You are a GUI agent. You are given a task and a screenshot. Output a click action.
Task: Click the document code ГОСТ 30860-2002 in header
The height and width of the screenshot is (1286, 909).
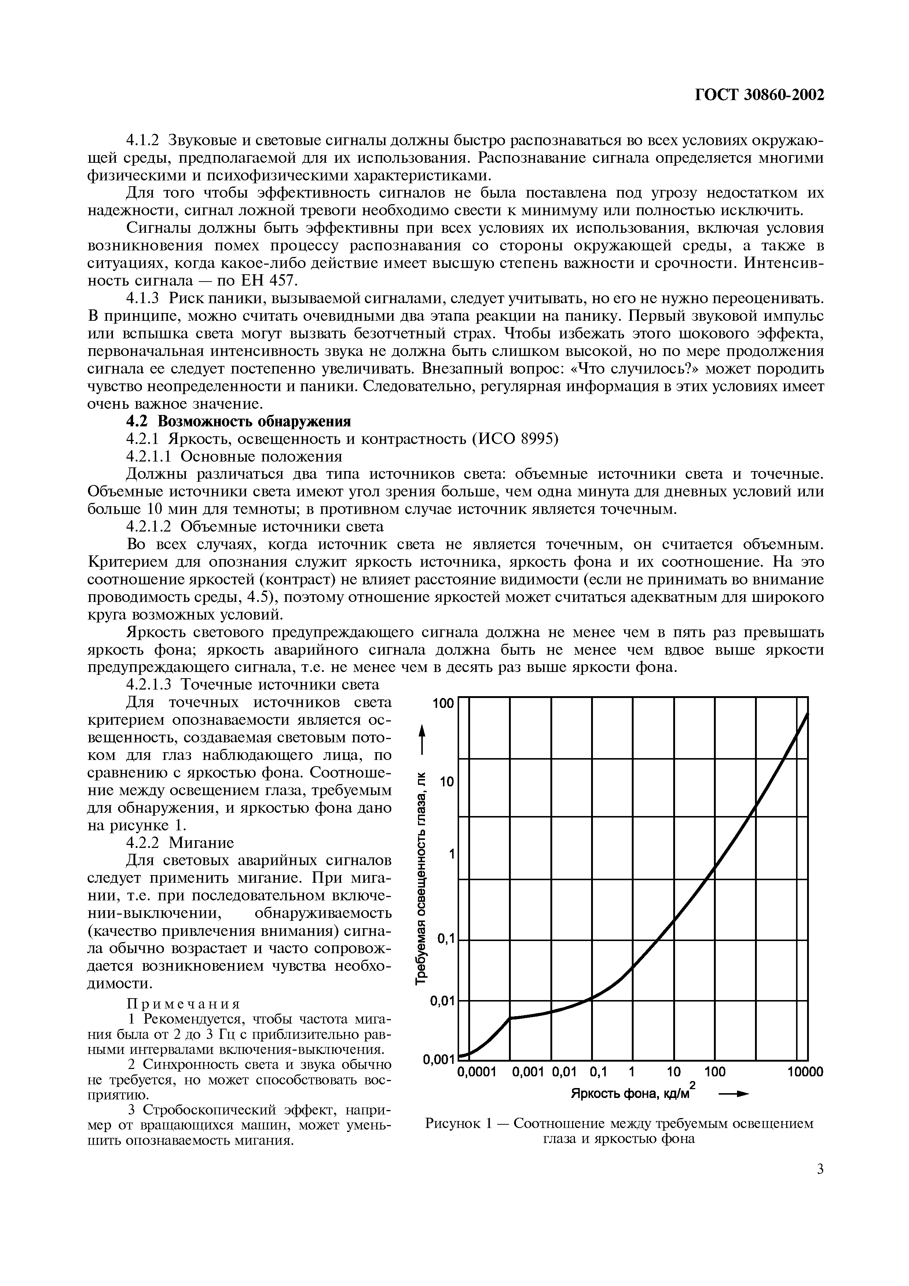click(759, 96)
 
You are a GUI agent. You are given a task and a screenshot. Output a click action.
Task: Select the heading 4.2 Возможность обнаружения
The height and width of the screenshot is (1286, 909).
click(238, 422)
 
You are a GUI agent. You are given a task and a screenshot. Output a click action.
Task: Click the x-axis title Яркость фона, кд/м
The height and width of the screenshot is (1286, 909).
click(630, 1094)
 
